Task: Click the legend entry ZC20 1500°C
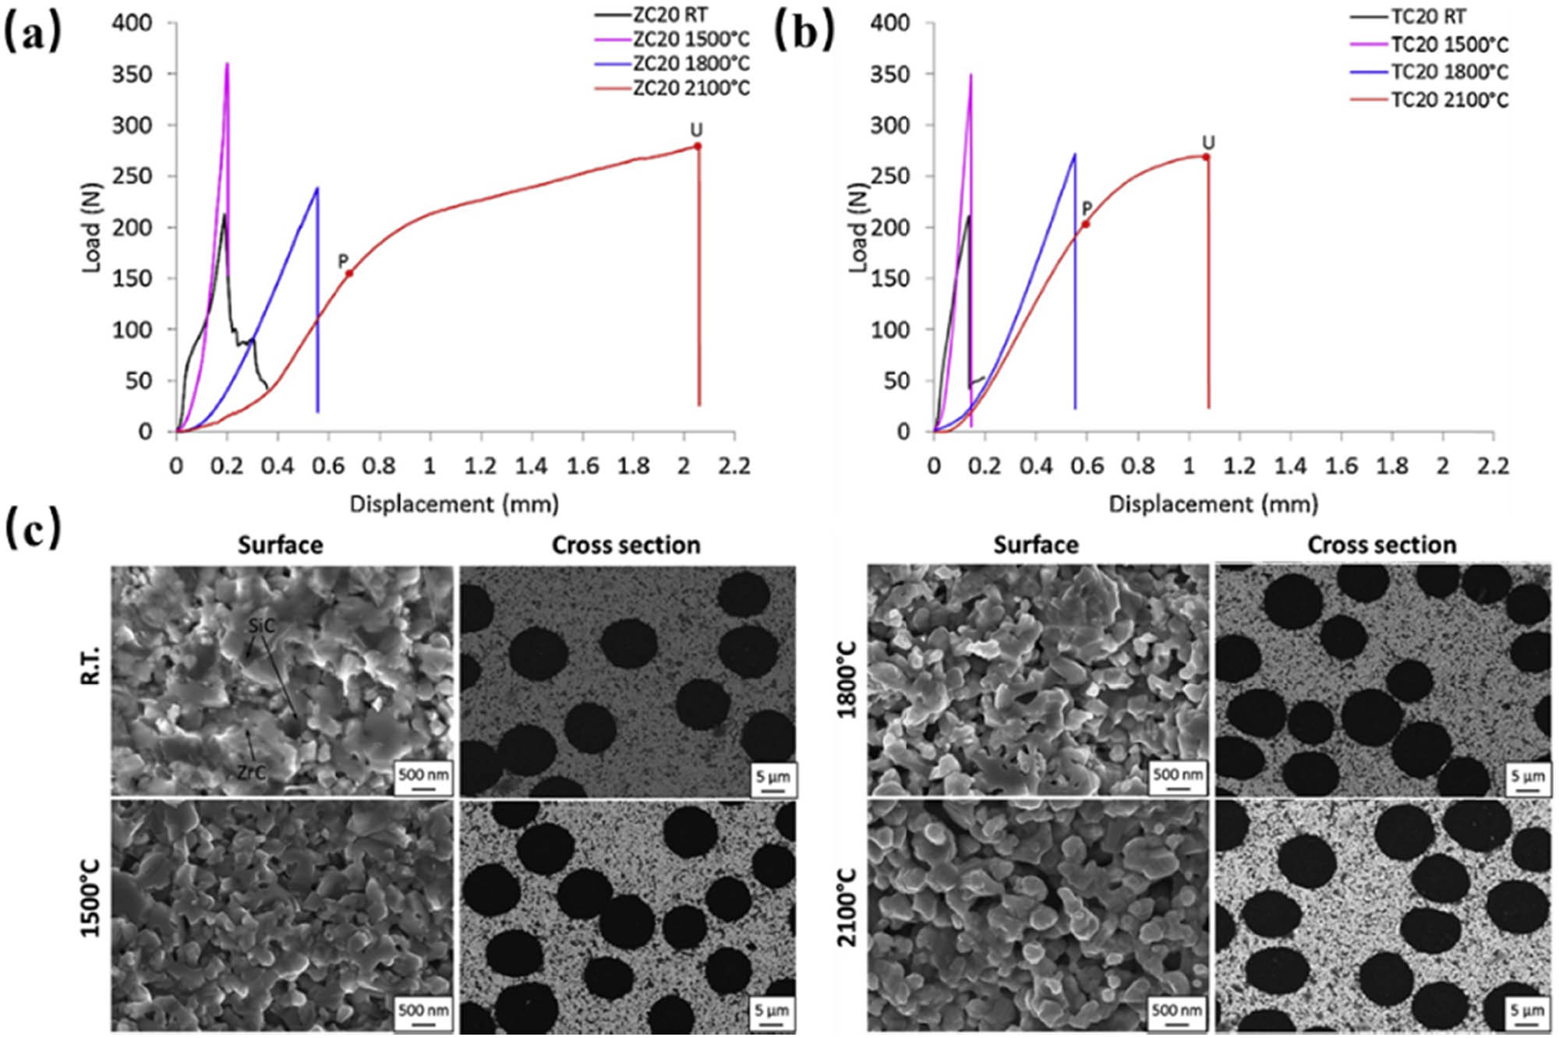tap(691, 39)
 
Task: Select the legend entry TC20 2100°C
tap(1450, 100)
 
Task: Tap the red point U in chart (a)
tap(698, 146)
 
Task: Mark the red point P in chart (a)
tap(349, 273)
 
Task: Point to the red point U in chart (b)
tap(1206, 157)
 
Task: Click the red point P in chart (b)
tap(1085, 224)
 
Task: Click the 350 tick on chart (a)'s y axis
tap(132, 74)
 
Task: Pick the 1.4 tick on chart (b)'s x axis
tap(1289, 466)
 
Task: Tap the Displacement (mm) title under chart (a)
tap(454, 504)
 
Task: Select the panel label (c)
tap(32, 532)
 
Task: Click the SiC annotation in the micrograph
tap(263, 625)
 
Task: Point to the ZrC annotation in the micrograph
tap(252, 772)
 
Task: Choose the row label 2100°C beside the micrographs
tap(847, 908)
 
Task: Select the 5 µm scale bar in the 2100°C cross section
tap(1526, 1015)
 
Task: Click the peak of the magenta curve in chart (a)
tap(227, 63)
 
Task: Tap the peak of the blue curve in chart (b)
tap(1075, 154)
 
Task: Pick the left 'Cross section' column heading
tap(626, 545)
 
